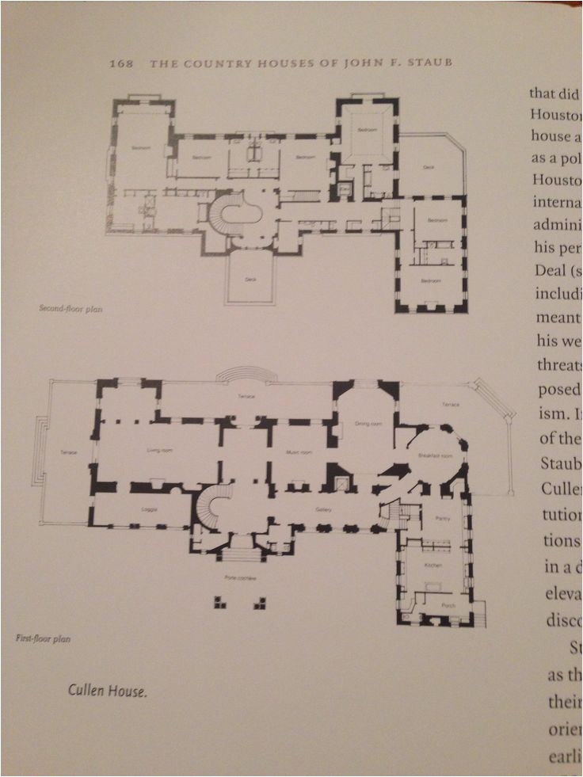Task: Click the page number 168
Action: coord(121,63)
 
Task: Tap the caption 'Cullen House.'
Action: coord(107,691)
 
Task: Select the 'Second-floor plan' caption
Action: coord(70,309)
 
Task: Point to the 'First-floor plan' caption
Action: coord(42,637)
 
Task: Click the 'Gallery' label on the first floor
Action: coord(323,510)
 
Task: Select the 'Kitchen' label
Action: coord(432,566)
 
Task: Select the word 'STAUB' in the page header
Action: coord(432,63)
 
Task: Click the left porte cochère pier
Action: coord(219,604)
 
